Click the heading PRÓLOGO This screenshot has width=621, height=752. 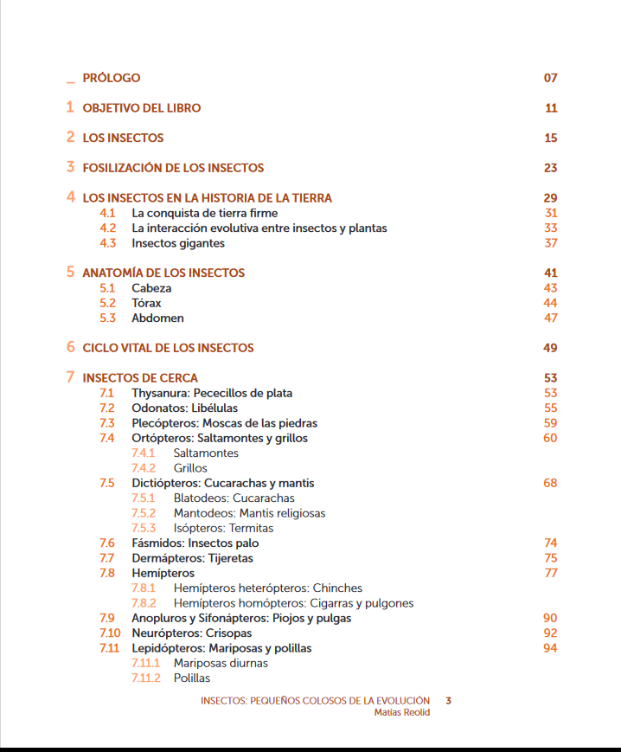111,78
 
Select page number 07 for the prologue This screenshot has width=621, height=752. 550,78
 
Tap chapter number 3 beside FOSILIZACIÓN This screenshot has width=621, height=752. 71,167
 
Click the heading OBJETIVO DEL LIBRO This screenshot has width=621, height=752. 141,108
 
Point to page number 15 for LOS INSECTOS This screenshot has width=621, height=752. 550,138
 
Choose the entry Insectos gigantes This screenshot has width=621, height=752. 178,243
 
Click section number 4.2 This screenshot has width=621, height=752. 107,228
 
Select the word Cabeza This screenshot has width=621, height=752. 151,288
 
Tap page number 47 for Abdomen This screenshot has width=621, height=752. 550,318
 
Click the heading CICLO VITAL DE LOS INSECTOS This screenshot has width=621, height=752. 168,348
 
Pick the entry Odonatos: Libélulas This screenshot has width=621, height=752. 184,408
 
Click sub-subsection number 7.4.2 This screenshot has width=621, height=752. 143,468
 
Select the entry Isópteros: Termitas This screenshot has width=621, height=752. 223,528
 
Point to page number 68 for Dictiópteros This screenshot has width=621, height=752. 550,483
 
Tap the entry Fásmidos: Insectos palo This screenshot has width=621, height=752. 195,543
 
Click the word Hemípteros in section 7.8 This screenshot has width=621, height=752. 163,573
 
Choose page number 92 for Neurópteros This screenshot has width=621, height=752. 550,633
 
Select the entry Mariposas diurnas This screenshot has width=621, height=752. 221,663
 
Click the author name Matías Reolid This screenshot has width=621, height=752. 401,712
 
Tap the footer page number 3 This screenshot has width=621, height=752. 448,701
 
